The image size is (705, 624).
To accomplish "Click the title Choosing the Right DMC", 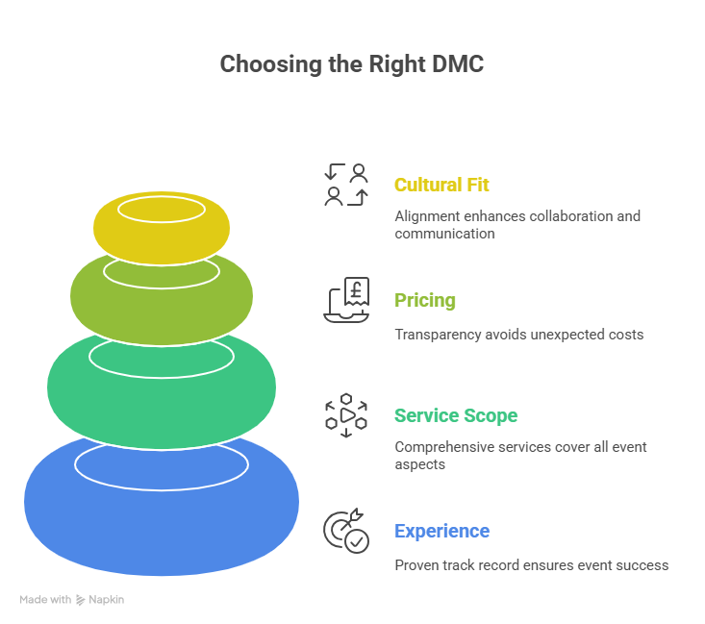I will point(352,64).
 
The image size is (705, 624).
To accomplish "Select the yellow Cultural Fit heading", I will point(441,185).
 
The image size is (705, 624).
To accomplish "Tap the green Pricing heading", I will point(425,300).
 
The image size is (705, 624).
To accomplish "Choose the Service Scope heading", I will point(456,415).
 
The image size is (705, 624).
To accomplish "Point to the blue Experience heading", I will point(441,531).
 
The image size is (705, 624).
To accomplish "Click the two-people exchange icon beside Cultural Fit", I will point(346,185).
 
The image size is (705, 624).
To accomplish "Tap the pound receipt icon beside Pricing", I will point(346,300).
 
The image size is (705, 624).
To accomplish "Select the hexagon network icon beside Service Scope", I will point(346,415).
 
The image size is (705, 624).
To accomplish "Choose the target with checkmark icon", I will point(346,531).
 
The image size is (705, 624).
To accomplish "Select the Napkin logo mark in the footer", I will point(80,600).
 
